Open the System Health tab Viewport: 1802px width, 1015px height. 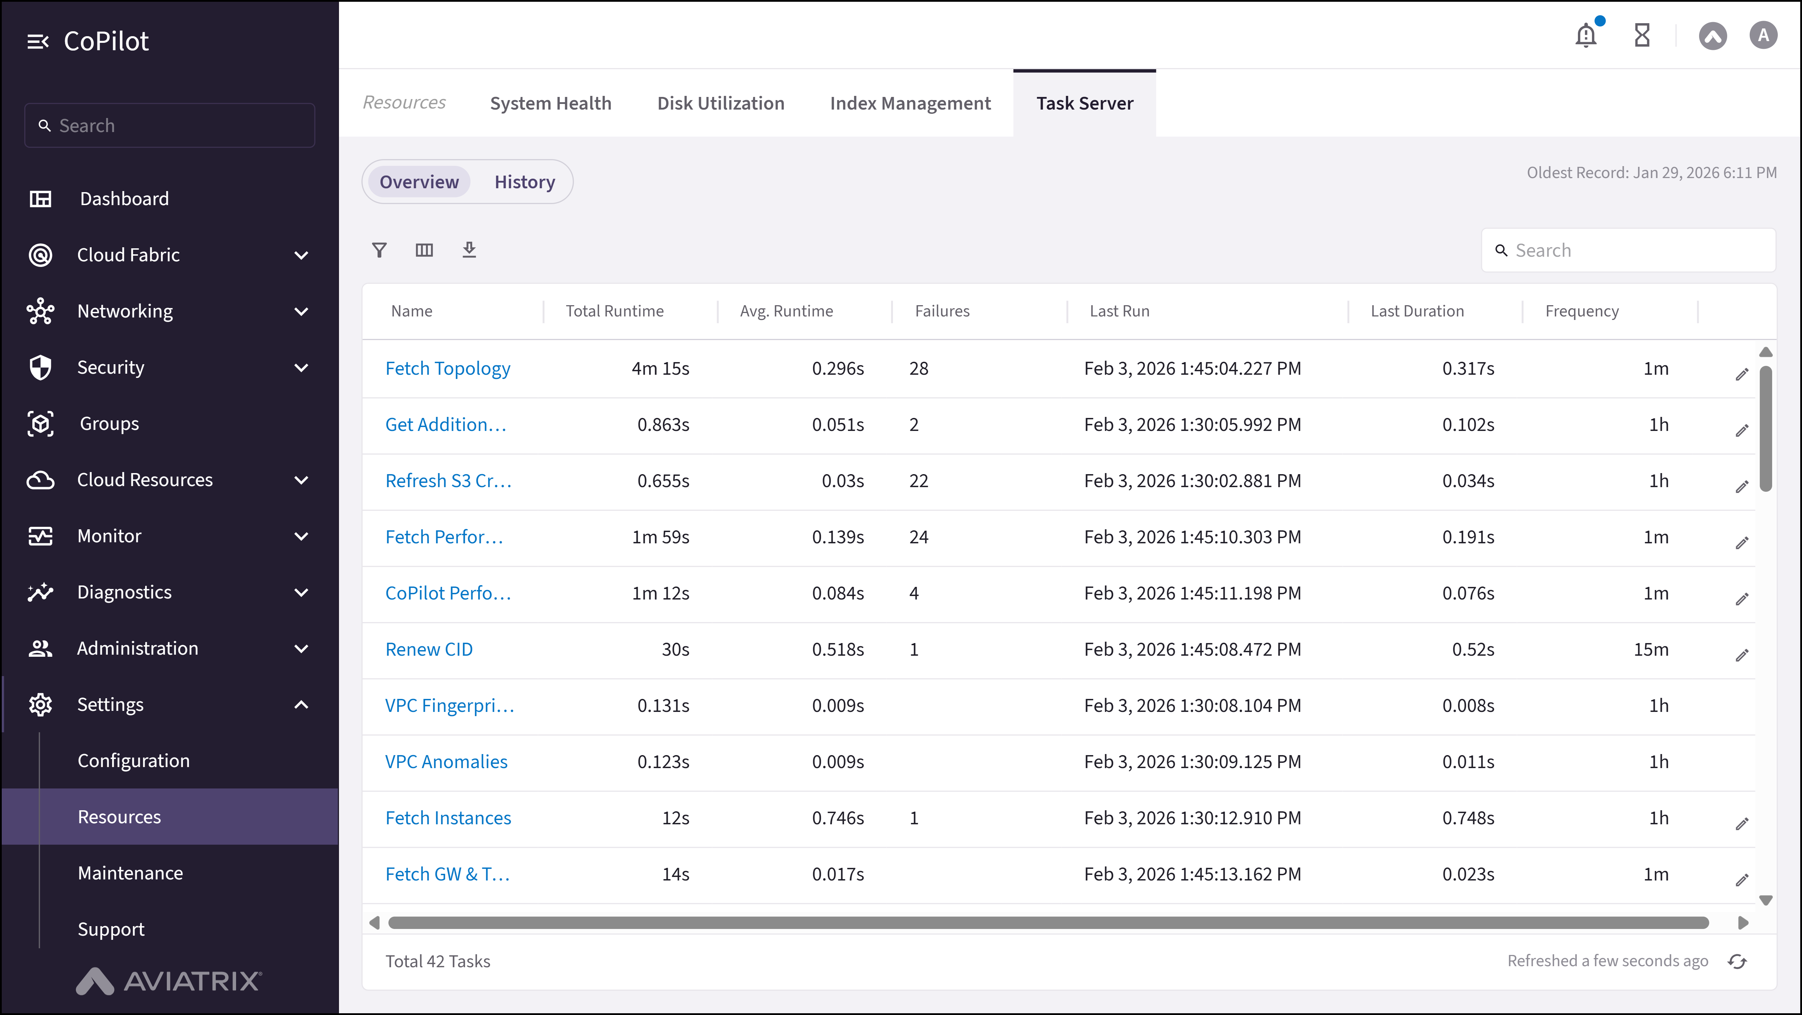click(550, 104)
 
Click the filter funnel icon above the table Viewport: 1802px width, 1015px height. click(379, 250)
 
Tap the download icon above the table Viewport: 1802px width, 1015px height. click(469, 250)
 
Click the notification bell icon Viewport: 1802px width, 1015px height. click(1585, 35)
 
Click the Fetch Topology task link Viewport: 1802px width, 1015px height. click(448, 369)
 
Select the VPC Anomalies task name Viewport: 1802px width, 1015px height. click(446, 762)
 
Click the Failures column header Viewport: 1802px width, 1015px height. click(942, 311)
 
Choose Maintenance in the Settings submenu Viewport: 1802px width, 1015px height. click(130, 873)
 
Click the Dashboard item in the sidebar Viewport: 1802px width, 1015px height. click(124, 199)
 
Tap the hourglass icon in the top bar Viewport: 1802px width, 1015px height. click(1642, 35)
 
